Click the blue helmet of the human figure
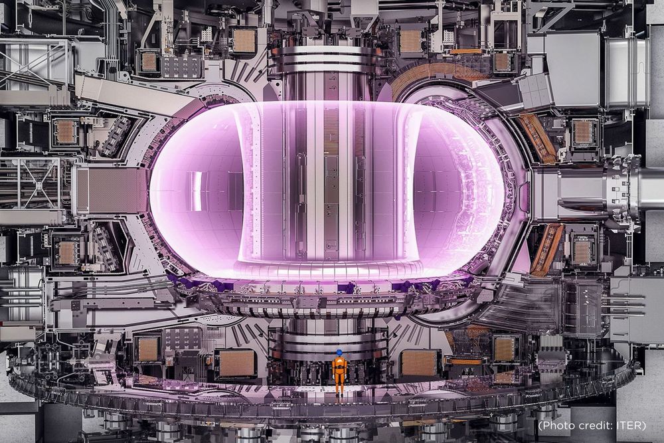[339, 352]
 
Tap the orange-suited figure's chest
[339, 363]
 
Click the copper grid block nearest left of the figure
[237, 363]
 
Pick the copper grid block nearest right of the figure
[419, 363]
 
